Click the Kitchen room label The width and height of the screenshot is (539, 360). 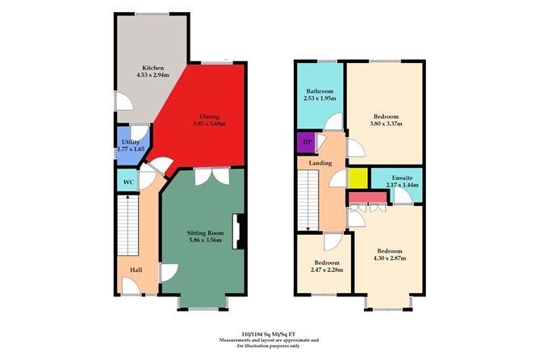coord(153,68)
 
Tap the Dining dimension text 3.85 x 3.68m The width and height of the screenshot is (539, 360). coord(209,123)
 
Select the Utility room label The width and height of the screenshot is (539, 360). coord(131,142)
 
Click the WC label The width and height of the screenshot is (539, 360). coord(128,182)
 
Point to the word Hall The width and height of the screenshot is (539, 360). coord(136,270)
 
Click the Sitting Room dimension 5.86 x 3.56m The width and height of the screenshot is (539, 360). coord(205,240)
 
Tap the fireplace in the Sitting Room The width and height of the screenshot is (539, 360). coord(238,232)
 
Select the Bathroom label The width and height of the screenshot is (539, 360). coord(320,91)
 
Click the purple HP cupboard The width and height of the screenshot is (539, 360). coord(306,142)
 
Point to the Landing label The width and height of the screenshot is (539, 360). coord(320,163)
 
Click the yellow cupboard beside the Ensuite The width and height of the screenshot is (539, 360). coord(358,178)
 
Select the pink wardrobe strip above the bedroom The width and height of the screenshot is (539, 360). coord(367,198)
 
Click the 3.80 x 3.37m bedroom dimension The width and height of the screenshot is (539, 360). coord(386,123)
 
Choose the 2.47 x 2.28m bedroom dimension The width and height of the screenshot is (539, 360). coord(327,270)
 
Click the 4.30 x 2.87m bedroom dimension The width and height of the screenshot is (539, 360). coord(390,257)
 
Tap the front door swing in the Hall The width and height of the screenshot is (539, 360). coord(131,286)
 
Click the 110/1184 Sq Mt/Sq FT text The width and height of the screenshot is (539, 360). coord(269,333)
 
